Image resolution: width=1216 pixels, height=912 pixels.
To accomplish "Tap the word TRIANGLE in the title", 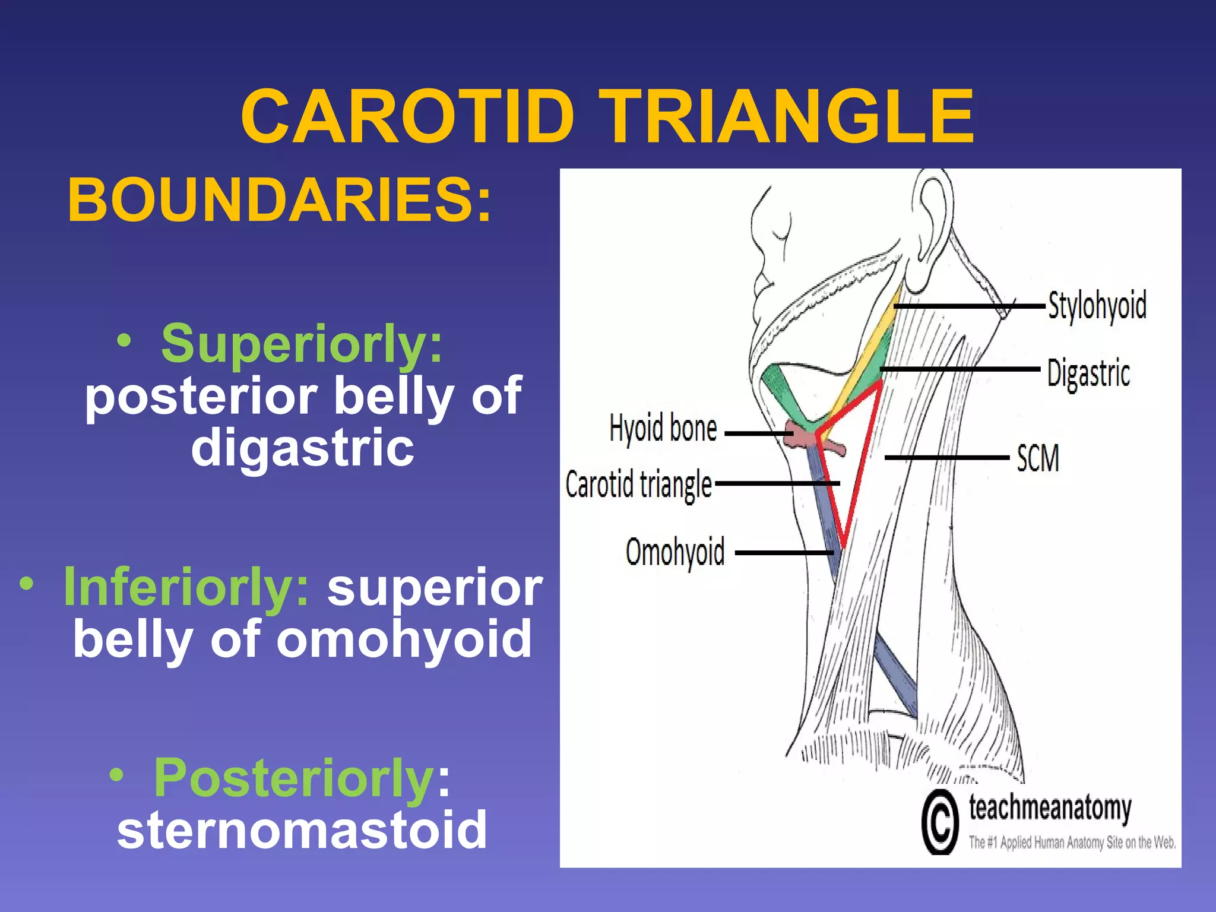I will pyautogui.click(x=787, y=116).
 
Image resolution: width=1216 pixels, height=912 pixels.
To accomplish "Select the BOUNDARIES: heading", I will pyautogui.click(x=280, y=200).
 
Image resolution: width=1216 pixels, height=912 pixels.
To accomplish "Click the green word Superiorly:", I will pyautogui.click(x=302, y=344).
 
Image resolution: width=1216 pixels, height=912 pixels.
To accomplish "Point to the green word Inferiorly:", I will pyautogui.click(x=186, y=587).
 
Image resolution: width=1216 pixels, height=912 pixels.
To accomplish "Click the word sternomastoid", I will pyautogui.click(x=302, y=830).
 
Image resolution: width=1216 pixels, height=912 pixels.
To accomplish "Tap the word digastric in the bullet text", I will pyautogui.click(x=302, y=448).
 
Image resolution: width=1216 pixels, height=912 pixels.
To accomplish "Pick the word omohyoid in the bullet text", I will pyautogui.click(x=404, y=640).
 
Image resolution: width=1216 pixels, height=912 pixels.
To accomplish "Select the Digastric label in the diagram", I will pyautogui.click(x=1088, y=373).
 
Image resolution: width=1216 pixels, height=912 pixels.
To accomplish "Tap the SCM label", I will pyautogui.click(x=1037, y=458).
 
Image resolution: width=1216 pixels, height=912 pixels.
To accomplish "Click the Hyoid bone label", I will pyautogui.click(x=663, y=429).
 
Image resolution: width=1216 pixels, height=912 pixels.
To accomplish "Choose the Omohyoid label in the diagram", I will pyautogui.click(x=675, y=552).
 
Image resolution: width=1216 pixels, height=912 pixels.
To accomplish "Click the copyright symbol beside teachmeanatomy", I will pyautogui.click(x=940, y=822).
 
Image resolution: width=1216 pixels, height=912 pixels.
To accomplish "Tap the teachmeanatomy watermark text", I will pyautogui.click(x=1050, y=808).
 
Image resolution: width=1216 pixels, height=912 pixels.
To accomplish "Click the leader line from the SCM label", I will pyautogui.click(x=946, y=458).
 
